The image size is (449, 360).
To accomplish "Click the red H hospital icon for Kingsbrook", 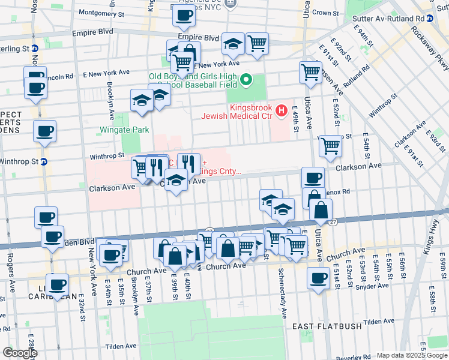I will (x=280, y=111).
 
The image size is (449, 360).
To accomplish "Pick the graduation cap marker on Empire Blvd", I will (x=233, y=44).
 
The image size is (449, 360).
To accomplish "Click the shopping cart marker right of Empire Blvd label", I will (x=257, y=43).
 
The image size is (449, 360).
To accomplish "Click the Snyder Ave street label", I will (x=372, y=287).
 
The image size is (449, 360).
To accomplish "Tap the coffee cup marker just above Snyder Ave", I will (x=318, y=278).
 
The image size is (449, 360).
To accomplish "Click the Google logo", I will (x=19, y=352).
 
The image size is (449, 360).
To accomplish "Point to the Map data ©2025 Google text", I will (x=411, y=355).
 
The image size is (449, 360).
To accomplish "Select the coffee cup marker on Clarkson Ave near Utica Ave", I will (x=312, y=178).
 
